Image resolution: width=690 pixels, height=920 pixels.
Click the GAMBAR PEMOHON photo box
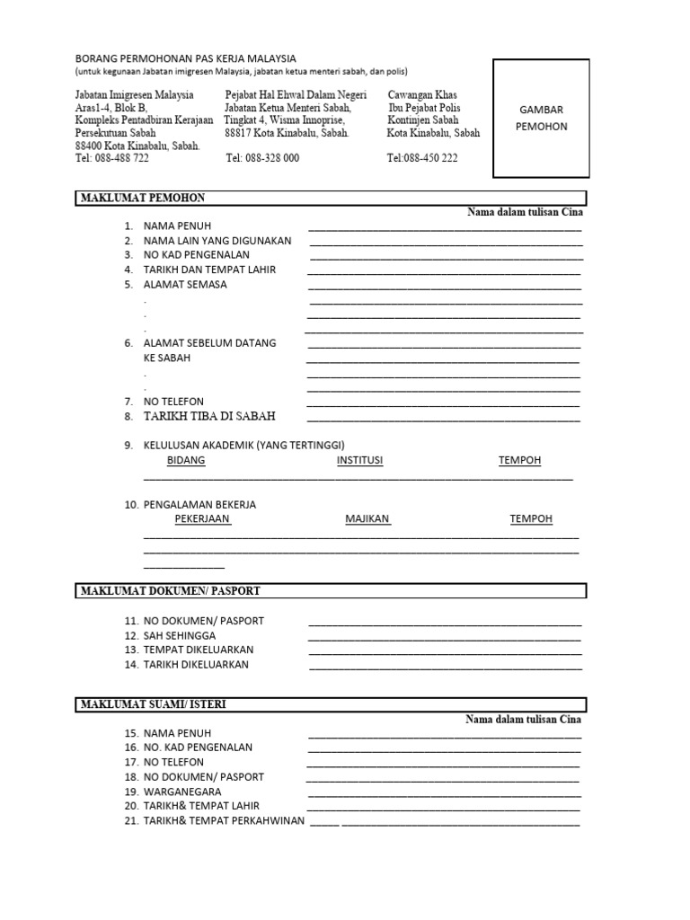pyautogui.click(x=542, y=117)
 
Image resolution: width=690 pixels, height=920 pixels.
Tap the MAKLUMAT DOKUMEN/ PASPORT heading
pyautogui.click(x=171, y=590)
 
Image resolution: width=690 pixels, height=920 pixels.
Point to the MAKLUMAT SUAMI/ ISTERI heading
pyautogui.click(x=154, y=704)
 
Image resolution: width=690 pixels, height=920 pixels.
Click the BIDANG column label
pyautogui.click(x=186, y=461)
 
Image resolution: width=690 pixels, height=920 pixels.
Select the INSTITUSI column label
pyautogui.click(x=359, y=461)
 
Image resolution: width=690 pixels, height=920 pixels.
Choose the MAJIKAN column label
pyautogui.click(x=367, y=519)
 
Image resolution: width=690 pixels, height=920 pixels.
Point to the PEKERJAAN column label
pyautogui.click(x=202, y=519)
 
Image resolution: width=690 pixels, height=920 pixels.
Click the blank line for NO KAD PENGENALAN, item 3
pyautogui.click(x=446, y=258)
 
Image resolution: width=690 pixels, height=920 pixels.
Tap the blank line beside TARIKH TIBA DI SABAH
pyautogui.click(x=444, y=420)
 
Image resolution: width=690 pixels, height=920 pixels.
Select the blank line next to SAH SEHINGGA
pyautogui.click(x=445, y=639)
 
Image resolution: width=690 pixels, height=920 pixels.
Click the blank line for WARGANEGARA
pyautogui.click(x=445, y=795)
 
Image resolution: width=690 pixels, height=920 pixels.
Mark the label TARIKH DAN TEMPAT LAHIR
pyautogui.click(x=209, y=270)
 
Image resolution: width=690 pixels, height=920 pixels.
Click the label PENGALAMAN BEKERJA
pyautogui.click(x=199, y=505)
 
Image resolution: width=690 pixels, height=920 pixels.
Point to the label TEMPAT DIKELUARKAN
pyautogui.click(x=199, y=650)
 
